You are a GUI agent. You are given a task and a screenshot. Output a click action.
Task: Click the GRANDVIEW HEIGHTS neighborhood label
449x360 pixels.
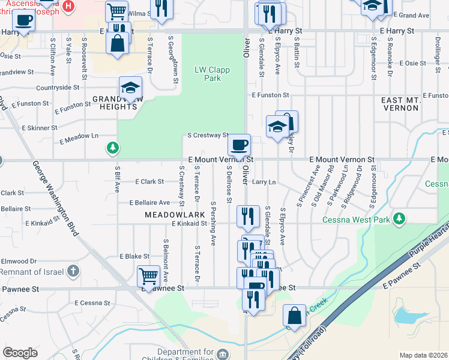[115, 102]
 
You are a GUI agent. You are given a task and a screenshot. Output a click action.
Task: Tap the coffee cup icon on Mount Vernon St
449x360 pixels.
[240, 145]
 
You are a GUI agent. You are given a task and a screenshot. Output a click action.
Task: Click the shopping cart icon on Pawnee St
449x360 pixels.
[148, 276]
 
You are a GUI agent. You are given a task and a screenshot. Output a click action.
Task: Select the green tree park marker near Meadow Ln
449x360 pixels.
[112, 147]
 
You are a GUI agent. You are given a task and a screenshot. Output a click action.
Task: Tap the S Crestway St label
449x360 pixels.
[208, 136]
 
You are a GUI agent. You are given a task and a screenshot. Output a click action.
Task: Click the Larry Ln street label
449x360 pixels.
[264, 181]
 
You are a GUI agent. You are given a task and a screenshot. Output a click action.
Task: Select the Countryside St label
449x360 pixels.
[58, 88]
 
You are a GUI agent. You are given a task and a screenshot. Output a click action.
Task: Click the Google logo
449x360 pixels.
[20, 353]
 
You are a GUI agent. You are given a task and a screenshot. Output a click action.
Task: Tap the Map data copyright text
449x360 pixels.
[423, 355]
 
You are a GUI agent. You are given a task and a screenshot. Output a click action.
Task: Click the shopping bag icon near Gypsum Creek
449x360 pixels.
[294, 315]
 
